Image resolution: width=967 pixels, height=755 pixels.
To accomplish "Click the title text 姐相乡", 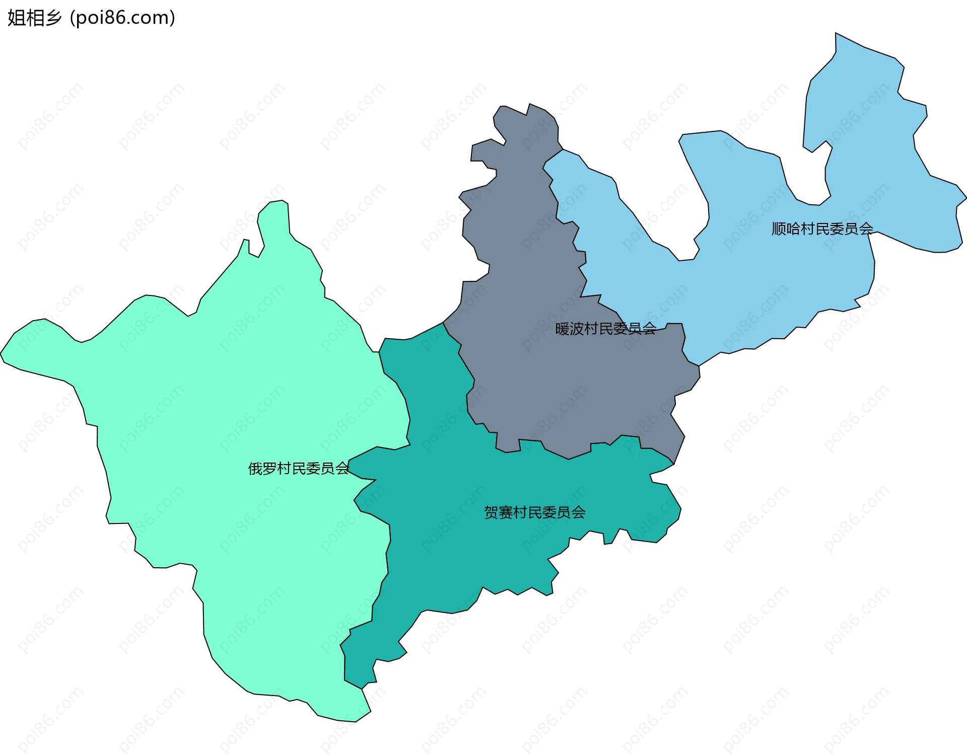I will coord(34,18).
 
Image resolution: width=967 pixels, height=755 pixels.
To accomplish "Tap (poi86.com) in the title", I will coord(123,18).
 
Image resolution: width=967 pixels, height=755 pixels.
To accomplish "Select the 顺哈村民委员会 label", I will coord(822,229).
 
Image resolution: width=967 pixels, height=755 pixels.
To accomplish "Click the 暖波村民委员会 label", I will coord(605,329).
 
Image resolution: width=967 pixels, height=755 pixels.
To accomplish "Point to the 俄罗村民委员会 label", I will coord(298,469).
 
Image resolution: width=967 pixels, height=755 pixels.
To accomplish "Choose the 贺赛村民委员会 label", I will coord(534,513).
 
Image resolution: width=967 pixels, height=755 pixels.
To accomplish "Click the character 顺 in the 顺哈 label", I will coord(779,229).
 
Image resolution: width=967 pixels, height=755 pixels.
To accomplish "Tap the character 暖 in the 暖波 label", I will coord(562,329).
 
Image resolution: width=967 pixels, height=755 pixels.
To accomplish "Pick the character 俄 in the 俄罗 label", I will coord(255,469).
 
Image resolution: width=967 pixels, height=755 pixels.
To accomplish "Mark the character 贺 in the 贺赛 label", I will coord(491,513).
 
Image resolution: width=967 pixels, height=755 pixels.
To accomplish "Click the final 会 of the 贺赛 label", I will coord(578,513).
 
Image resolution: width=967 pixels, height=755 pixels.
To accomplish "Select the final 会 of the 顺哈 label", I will coord(866,229).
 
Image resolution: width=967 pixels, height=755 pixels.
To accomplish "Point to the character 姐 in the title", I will coord(16,18).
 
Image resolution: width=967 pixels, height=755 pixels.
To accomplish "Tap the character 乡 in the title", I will coord(53,18).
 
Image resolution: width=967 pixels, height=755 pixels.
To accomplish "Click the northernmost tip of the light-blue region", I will coord(836,34).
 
